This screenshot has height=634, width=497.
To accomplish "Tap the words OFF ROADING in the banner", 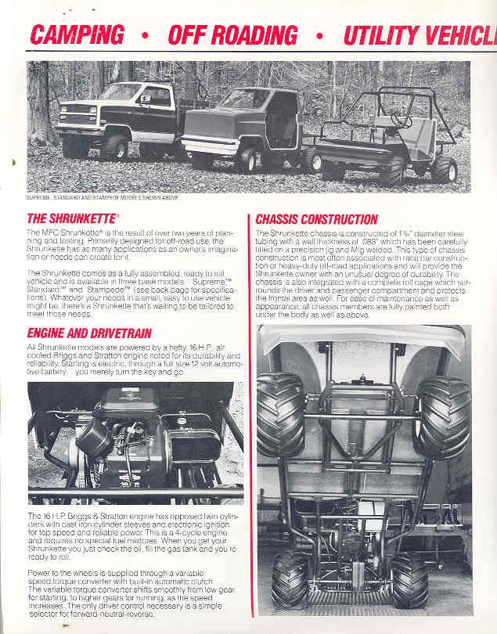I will click(x=232, y=35).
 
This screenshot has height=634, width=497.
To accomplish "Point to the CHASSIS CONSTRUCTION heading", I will click(x=316, y=219).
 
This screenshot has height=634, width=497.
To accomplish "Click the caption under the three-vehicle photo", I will click(x=102, y=197).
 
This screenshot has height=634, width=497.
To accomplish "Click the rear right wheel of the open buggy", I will click(x=445, y=168).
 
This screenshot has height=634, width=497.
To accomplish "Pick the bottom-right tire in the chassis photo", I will click(x=409, y=580).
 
